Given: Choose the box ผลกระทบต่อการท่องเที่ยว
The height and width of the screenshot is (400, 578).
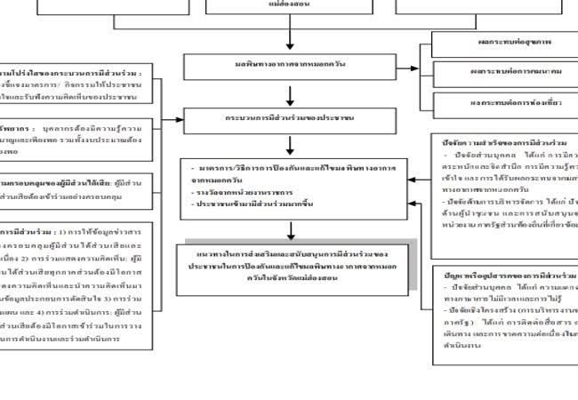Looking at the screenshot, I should coord(503,101).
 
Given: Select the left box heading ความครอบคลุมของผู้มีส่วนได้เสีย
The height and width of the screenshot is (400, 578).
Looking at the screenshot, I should coord(71,182).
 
